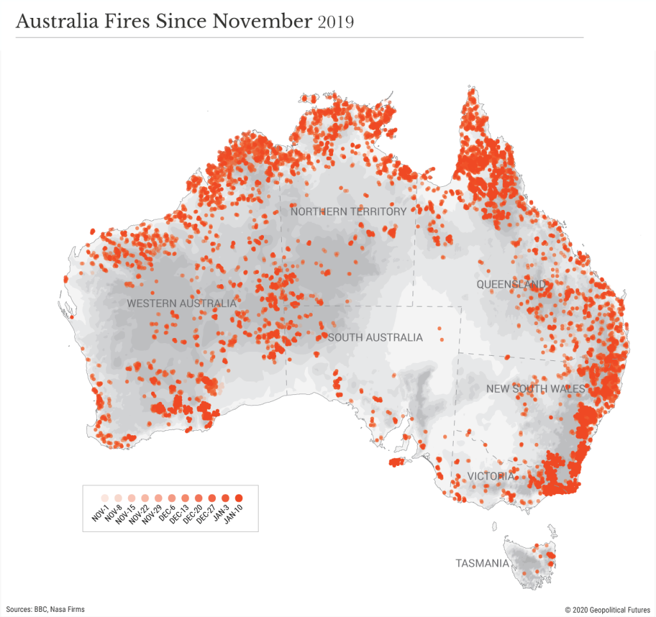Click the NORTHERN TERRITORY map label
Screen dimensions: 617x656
(x=348, y=211)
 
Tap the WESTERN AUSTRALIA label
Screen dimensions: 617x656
(x=181, y=303)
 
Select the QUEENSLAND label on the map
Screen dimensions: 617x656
(x=511, y=284)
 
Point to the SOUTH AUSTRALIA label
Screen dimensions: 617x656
(x=375, y=337)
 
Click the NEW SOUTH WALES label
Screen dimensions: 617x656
(x=536, y=389)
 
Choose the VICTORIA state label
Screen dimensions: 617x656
(x=490, y=476)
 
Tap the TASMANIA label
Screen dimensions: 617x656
(x=482, y=564)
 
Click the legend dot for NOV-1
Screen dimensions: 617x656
(x=103, y=497)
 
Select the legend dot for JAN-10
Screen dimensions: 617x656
(x=239, y=497)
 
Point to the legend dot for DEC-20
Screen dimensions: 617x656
(x=198, y=497)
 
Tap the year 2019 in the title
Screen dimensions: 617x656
(x=335, y=22)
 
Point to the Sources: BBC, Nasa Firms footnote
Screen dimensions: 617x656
(x=45, y=609)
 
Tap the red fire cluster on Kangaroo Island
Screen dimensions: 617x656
(x=398, y=462)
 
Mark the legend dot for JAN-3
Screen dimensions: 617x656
(x=225, y=497)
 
